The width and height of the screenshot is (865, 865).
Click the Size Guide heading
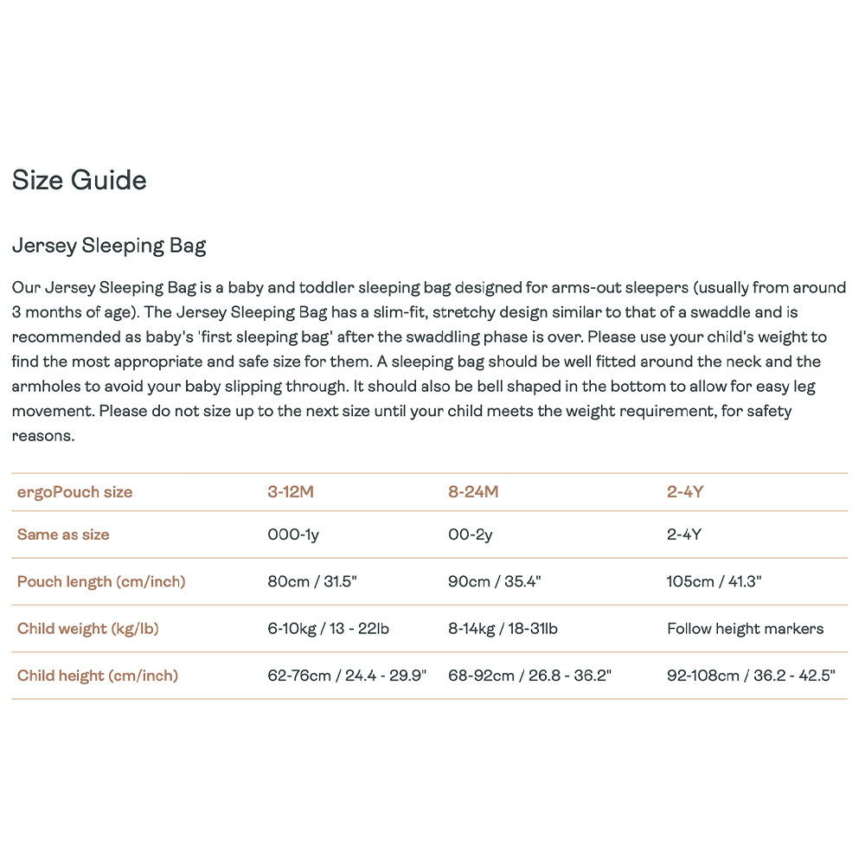tap(80, 181)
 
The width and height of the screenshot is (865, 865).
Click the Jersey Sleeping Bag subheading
tap(109, 246)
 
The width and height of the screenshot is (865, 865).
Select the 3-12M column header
tap(291, 492)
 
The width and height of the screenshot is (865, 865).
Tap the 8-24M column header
tap(473, 492)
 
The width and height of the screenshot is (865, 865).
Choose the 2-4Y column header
tap(685, 492)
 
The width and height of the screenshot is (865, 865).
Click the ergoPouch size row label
tap(75, 492)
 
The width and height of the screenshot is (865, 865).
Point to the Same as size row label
tap(63, 535)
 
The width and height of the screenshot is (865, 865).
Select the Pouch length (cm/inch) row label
tap(101, 581)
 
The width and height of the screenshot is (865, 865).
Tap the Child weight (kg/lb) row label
tap(88, 629)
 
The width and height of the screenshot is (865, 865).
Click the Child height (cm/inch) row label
tap(98, 676)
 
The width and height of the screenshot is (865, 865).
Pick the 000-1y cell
tap(293, 535)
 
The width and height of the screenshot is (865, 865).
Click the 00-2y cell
tap(471, 535)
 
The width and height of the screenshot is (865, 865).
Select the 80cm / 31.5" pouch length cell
tap(312, 581)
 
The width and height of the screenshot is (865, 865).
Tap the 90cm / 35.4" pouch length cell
tap(494, 581)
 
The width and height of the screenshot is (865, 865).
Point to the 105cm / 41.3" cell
tap(714, 581)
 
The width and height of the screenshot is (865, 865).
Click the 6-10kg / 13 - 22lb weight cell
tap(329, 629)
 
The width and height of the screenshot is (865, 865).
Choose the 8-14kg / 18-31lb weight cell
tap(503, 629)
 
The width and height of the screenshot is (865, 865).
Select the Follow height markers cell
tap(746, 629)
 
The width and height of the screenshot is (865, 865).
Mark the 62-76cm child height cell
tap(348, 676)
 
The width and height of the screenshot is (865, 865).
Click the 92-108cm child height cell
tap(751, 676)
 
